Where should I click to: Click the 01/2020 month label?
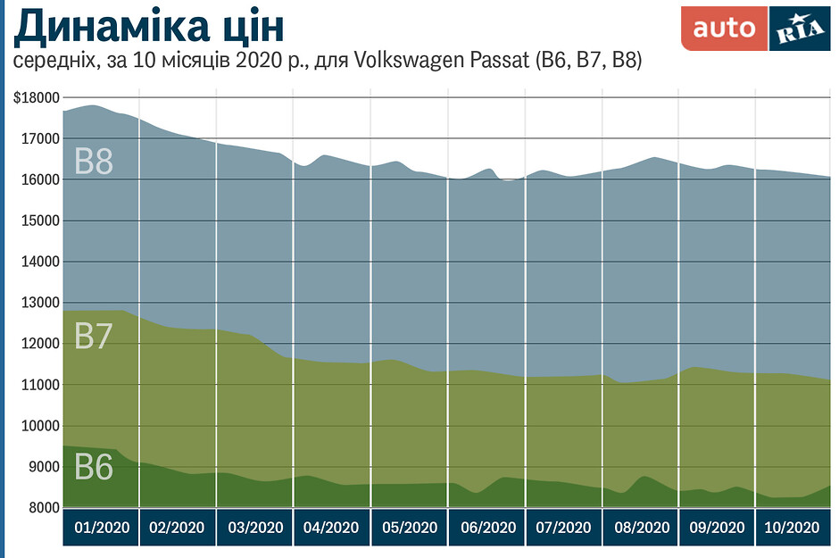(101, 528)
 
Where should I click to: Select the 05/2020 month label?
(409, 528)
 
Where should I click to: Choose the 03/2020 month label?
(254, 528)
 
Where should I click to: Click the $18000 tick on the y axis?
(37, 98)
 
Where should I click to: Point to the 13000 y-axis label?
(39, 304)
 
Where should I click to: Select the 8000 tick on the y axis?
(42, 508)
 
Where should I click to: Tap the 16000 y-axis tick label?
(39, 180)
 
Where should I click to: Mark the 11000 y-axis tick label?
(39, 385)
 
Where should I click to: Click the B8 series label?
(93, 162)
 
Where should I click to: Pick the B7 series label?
(93, 337)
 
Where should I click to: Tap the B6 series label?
(93, 467)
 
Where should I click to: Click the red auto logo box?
(724, 29)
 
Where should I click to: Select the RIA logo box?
(799, 29)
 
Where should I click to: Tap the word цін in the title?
(251, 29)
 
